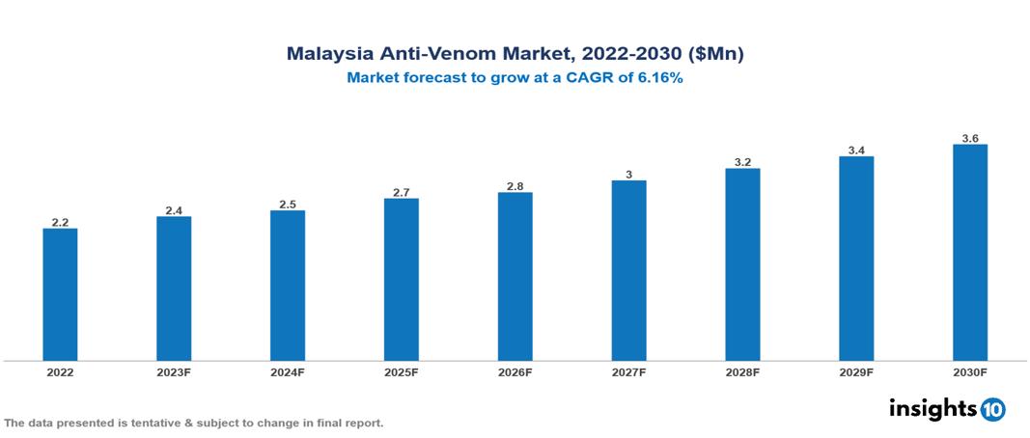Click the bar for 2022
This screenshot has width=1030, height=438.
(60, 294)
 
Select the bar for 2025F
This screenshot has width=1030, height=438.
(401, 280)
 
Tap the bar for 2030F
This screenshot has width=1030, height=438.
(969, 253)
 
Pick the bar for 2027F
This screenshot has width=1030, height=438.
(628, 270)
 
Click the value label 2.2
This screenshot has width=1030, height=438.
(60, 222)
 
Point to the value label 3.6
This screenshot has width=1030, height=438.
(970, 139)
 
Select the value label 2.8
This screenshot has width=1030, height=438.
(515, 186)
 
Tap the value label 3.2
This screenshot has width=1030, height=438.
(742, 162)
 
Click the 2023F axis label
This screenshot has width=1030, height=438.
(174, 371)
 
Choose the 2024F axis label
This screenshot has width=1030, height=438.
(288, 371)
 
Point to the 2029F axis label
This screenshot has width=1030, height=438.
(856, 371)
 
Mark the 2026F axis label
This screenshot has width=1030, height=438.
(515, 371)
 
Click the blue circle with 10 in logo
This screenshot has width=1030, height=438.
(993, 410)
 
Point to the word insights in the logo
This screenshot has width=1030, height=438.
(932, 409)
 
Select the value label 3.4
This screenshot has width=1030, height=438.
(856, 151)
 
